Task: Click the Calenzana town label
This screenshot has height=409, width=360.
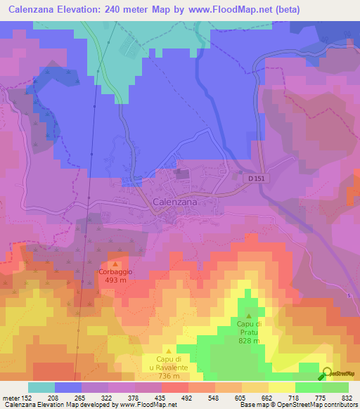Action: pyautogui.click(x=175, y=202)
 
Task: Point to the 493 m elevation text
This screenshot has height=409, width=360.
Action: pyautogui.click(x=116, y=280)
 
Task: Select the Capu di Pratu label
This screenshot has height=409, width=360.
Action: pyautogui.click(x=249, y=327)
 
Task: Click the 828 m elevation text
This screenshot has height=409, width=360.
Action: pyautogui.click(x=249, y=341)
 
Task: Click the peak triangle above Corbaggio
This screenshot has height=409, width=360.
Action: pyautogui.click(x=116, y=264)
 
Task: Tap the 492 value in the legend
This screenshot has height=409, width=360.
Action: pyautogui.click(x=186, y=397)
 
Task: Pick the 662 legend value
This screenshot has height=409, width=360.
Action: pyautogui.click(x=266, y=397)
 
